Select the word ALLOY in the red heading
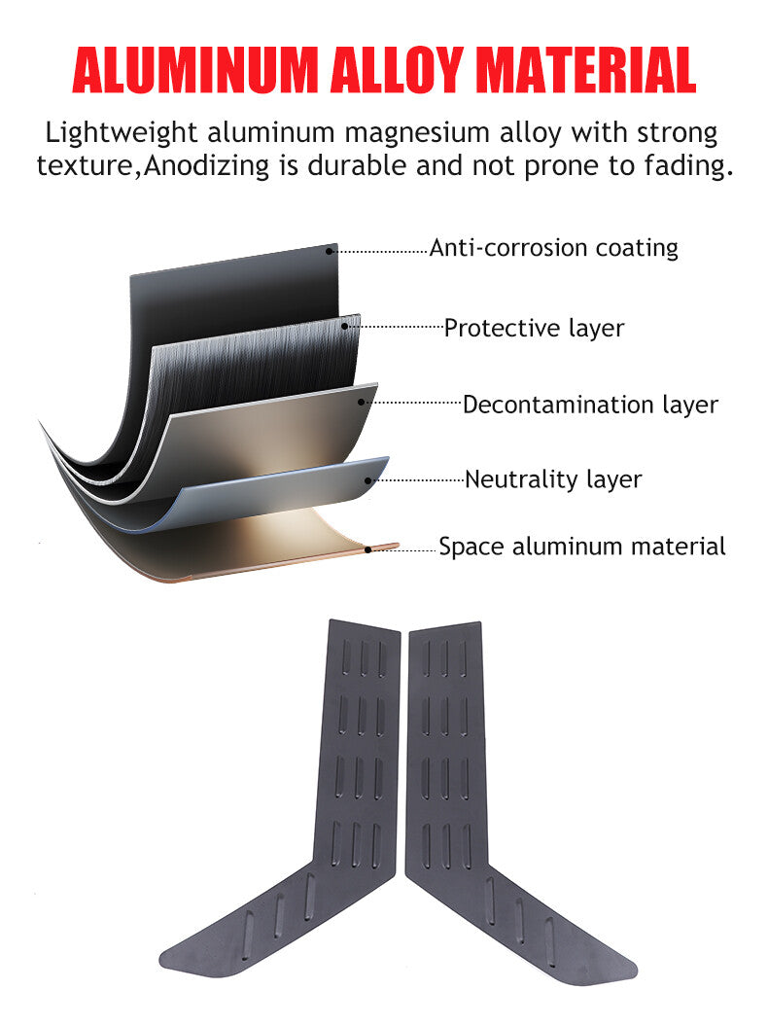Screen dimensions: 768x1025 (397, 70)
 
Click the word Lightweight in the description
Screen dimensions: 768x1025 (121, 133)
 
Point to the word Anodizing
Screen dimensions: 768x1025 (206, 166)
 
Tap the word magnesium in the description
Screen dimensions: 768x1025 (417, 133)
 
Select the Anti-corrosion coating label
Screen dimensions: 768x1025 (553, 248)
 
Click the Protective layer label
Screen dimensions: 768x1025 (534, 328)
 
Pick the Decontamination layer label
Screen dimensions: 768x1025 (590, 405)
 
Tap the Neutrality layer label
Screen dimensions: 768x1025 (553, 479)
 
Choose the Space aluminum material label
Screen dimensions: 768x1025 (581, 547)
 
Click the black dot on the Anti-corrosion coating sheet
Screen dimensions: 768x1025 (330, 251)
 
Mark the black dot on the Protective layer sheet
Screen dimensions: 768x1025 (345, 326)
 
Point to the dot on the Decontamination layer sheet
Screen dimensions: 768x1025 (361, 402)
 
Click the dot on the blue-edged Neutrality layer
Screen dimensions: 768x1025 (368, 480)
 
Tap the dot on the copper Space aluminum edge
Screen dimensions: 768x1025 (368, 549)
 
